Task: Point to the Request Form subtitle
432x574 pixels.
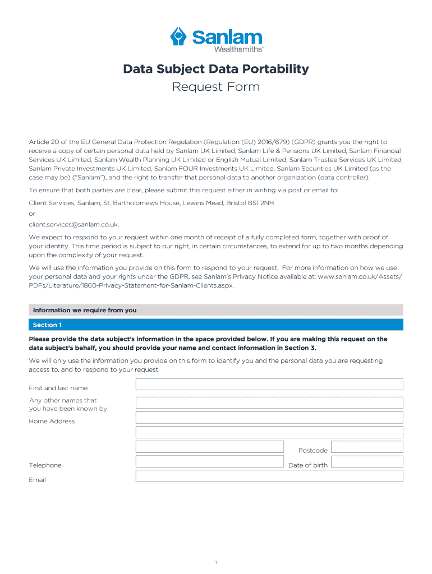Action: [216, 87]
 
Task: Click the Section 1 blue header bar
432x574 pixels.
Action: [216, 325]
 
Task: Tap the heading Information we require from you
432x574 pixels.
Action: [85, 310]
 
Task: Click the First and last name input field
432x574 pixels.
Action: [269, 384]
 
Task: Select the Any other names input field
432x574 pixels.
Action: [269, 403]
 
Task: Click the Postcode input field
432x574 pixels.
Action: [367, 447]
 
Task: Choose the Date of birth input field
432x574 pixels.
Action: [367, 461]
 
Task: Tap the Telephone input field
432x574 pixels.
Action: [210, 461]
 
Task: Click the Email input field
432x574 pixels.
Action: [269, 476]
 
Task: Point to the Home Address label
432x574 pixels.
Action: [52, 422]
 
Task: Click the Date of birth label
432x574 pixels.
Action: [307, 465]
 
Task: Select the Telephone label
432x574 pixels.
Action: [45, 465]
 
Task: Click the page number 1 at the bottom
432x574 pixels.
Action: [216, 547]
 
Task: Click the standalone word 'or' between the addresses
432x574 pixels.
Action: [32, 214]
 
